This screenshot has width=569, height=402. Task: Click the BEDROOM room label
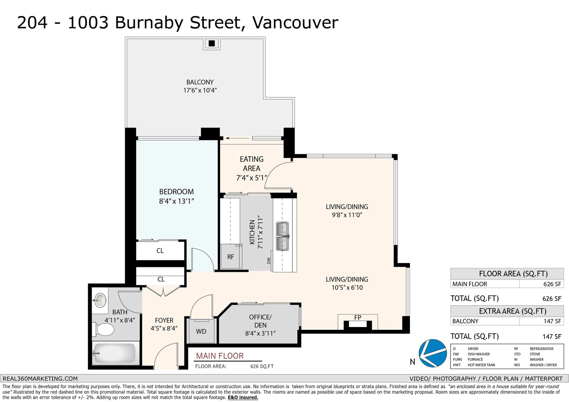pyautogui.click(x=176, y=192)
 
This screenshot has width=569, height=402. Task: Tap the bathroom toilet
pyautogui.click(x=103, y=329)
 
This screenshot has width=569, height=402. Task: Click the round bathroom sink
pyautogui.click(x=100, y=300)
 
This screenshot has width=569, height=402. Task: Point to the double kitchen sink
pyautogui.click(x=282, y=236)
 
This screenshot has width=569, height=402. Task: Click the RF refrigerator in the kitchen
pyautogui.click(x=231, y=256)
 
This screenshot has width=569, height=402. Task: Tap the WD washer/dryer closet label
pyautogui.click(x=201, y=331)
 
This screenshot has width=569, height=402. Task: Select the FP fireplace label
pyautogui.click(x=358, y=317)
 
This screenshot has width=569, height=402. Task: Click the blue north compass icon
pyautogui.click(x=432, y=353)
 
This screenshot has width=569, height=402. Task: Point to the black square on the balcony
pyautogui.click(x=212, y=43)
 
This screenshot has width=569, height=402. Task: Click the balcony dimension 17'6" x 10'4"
pyautogui.click(x=200, y=90)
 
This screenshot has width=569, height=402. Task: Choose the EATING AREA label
pyautogui.click(x=251, y=164)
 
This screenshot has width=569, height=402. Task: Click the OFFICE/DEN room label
pyautogui.click(x=260, y=321)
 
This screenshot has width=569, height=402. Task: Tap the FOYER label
pyautogui.click(x=164, y=321)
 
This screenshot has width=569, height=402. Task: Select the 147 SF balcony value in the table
pyautogui.click(x=552, y=321)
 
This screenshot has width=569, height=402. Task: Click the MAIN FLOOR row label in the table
pyautogui.click(x=470, y=284)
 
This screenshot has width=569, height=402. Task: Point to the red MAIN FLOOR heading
pyautogui.click(x=220, y=356)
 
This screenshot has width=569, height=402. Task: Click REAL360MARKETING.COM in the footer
pyautogui.click(x=40, y=379)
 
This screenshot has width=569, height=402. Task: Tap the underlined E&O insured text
pyautogui.click(x=243, y=397)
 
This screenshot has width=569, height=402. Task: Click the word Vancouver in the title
pyautogui.click(x=295, y=22)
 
